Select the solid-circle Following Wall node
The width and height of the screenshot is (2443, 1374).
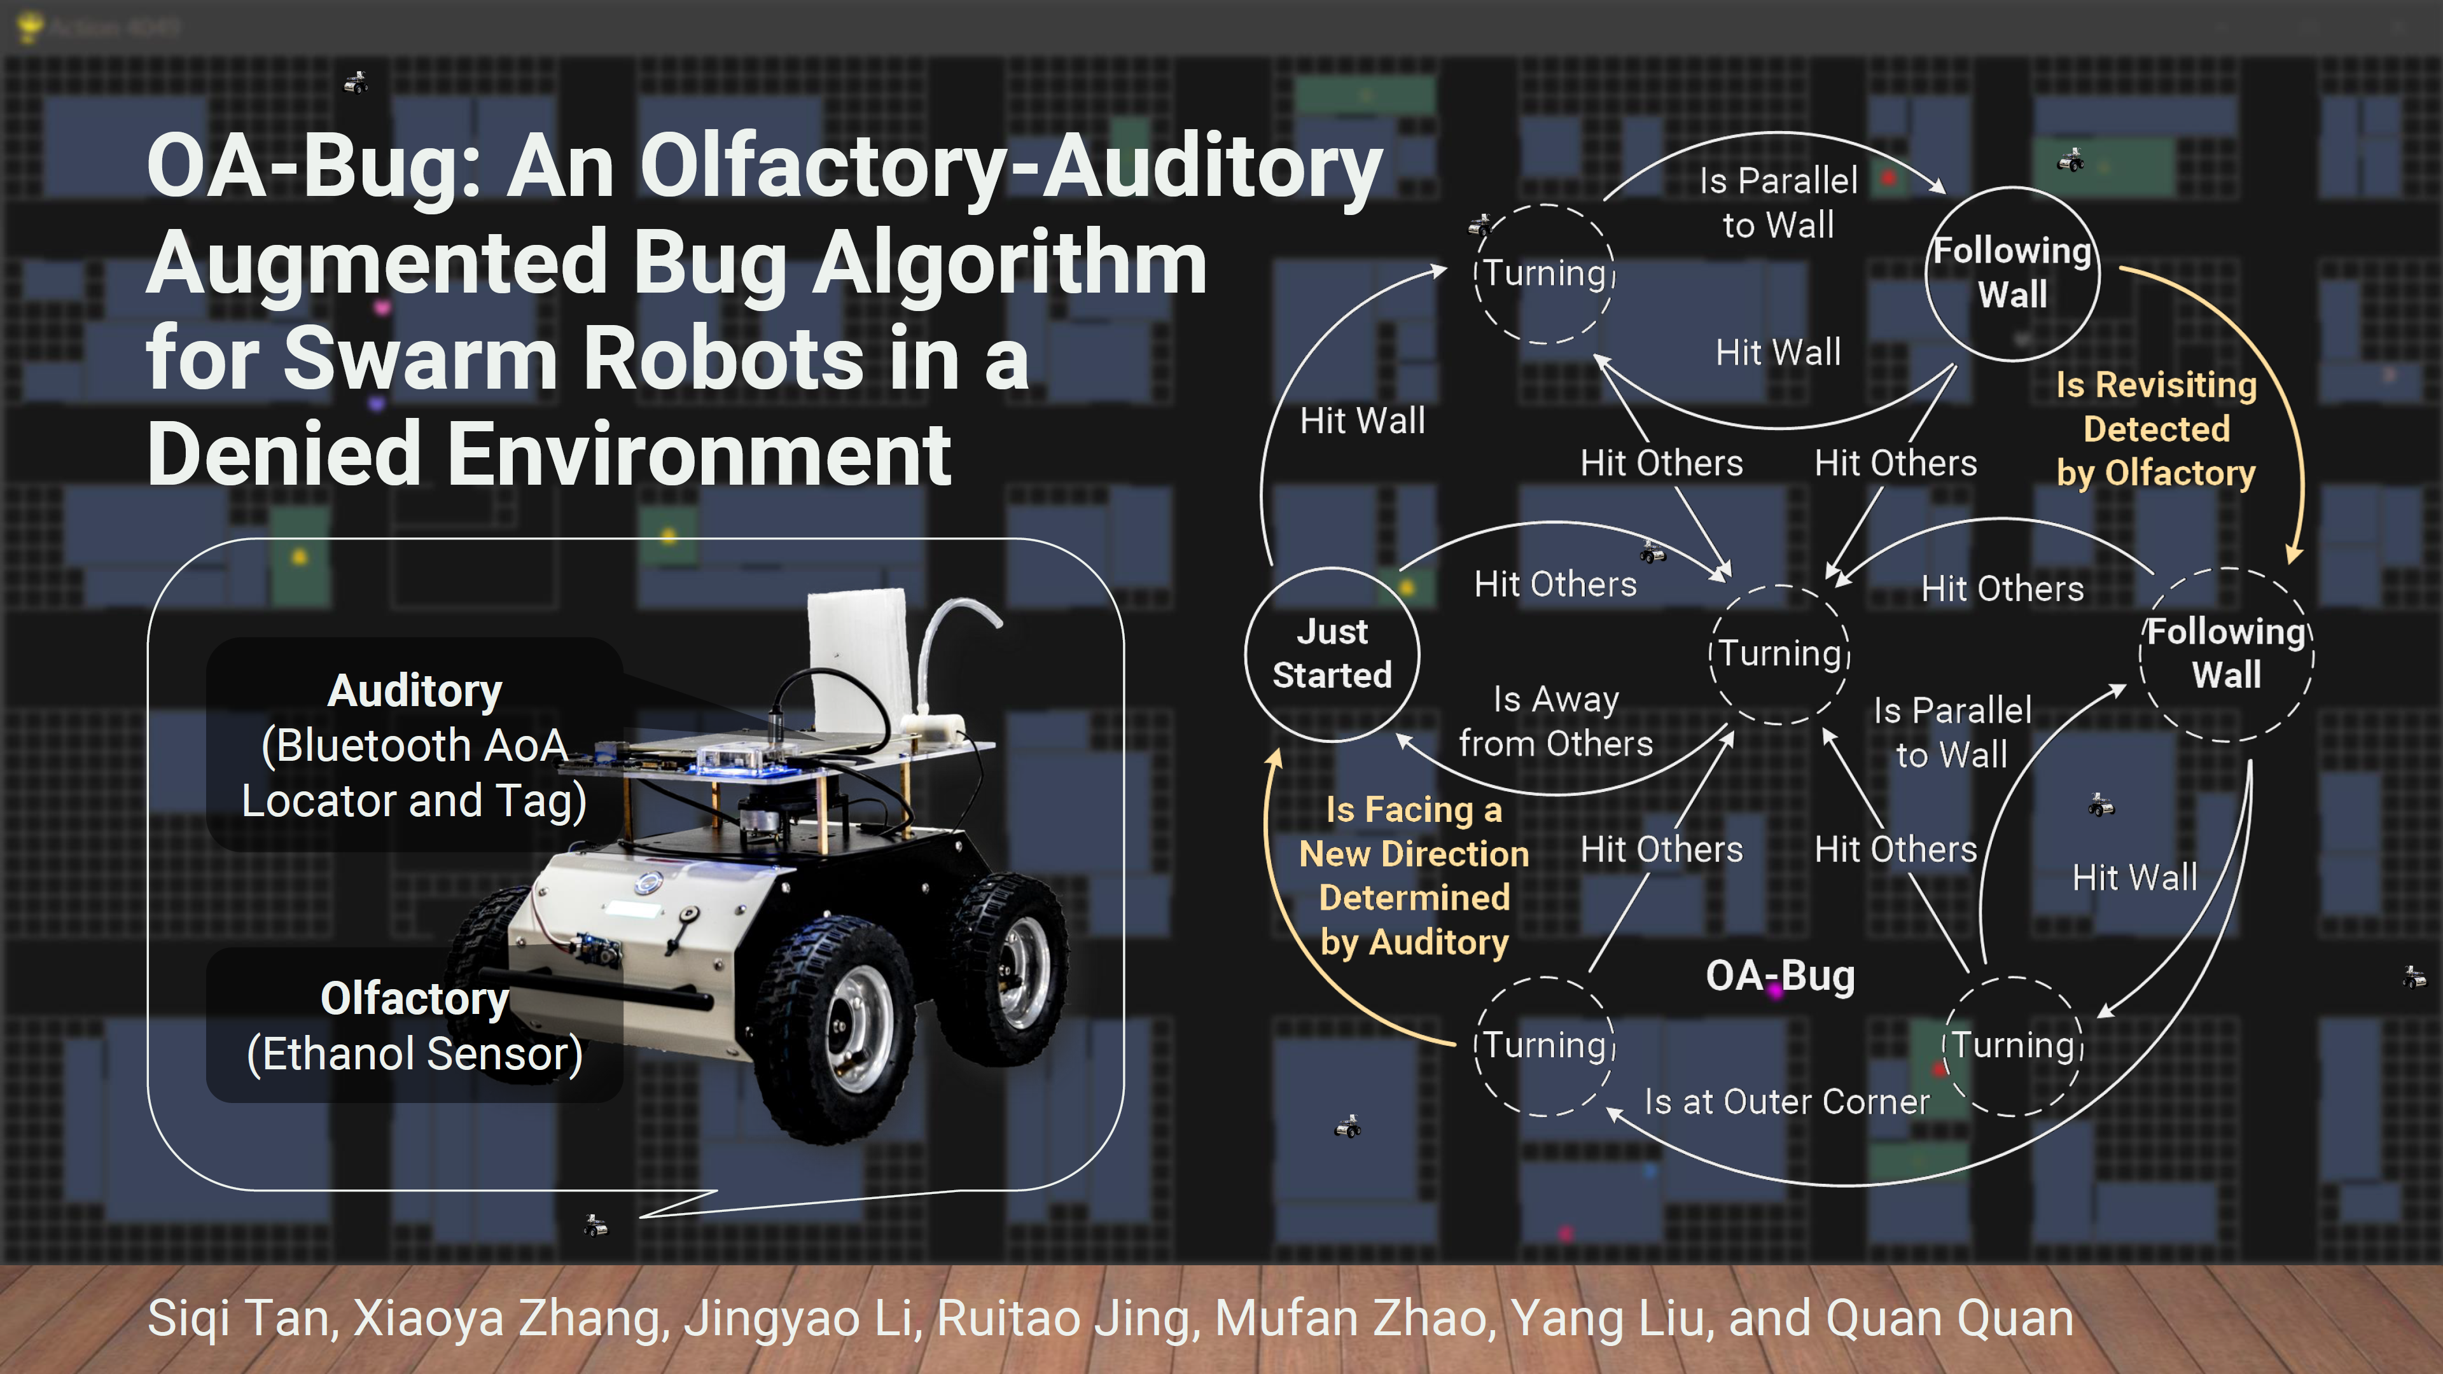click(2012, 273)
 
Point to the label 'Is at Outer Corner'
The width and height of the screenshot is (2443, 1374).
click(1786, 1102)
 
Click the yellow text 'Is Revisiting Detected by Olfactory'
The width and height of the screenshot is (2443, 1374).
click(2155, 429)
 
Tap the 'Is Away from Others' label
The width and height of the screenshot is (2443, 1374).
click(1556, 721)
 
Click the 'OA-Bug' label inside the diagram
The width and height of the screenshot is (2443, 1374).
click(1780, 976)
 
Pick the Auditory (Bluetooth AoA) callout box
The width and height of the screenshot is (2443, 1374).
click(414, 746)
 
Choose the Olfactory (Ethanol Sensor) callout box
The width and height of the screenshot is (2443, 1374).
click(414, 1026)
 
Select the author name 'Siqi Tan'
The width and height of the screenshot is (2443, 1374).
click(239, 1318)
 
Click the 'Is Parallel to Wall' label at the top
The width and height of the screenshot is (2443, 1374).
click(1778, 203)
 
